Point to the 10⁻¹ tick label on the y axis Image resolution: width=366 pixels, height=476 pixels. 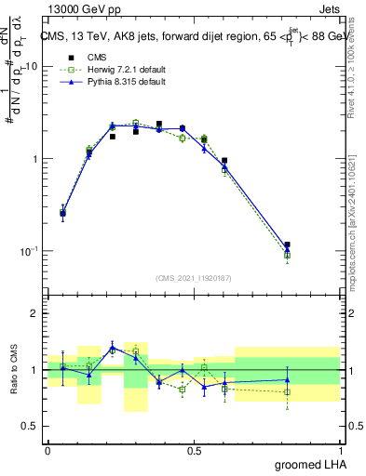coord(31,251)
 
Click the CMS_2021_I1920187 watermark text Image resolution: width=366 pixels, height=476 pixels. coord(193,278)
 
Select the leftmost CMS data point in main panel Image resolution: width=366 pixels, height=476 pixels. coord(62,213)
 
